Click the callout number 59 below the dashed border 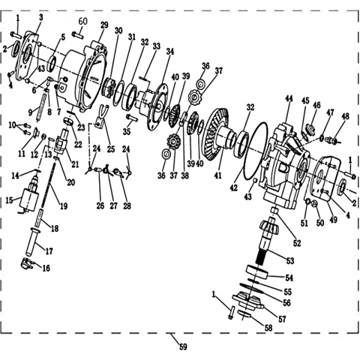point(183,346)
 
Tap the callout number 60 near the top point(83,22)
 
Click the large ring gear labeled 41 point(218,135)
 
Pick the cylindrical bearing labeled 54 point(257,272)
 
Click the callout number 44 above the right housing point(289,99)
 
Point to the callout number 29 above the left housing point(104,25)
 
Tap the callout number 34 point(170,52)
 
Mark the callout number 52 point(297,243)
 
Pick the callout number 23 point(81,127)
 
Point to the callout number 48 point(346,116)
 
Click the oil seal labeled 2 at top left point(16,49)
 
